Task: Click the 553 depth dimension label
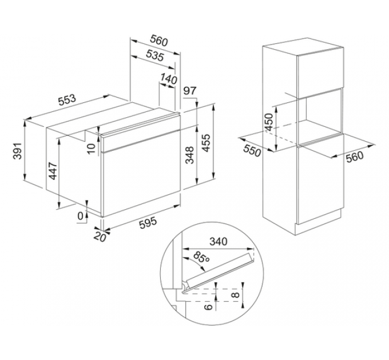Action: click(x=67, y=100)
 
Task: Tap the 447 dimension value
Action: click(x=53, y=171)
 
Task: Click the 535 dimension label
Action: click(x=155, y=55)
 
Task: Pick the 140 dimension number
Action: click(x=169, y=79)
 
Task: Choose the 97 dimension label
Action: click(x=190, y=90)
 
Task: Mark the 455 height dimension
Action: click(x=206, y=143)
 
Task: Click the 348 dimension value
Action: click(x=190, y=155)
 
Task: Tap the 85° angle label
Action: click(x=201, y=258)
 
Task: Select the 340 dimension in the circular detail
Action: click(x=219, y=241)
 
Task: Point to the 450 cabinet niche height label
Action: click(x=269, y=122)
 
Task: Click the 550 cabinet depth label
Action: click(x=252, y=151)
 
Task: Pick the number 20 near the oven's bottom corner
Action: click(x=100, y=237)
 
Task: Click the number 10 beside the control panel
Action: click(x=92, y=149)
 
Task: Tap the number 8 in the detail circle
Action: click(x=236, y=295)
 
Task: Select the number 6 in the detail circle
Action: click(x=209, y=307)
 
